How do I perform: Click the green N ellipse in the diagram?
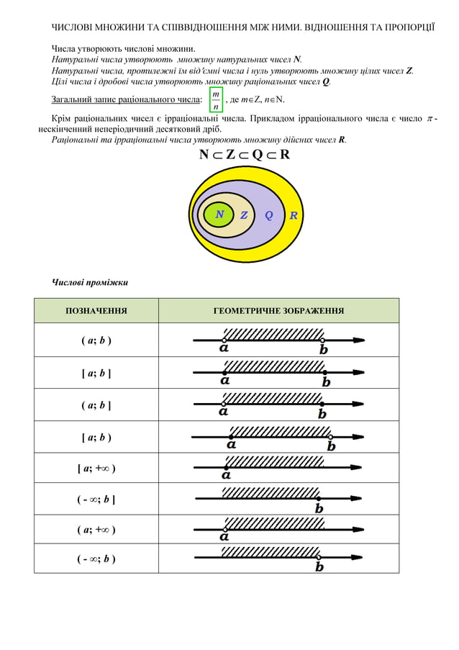219,215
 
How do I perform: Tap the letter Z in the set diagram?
244,215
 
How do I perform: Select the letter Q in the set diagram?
269,215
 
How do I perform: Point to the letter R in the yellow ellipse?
294,215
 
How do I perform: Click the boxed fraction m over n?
217,100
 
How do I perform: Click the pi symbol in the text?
430,117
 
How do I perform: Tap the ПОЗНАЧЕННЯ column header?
96,311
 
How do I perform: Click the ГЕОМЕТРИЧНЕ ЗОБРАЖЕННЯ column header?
278,311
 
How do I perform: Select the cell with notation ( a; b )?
96,340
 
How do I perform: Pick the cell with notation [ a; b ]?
96,373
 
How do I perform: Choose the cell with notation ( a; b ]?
96,405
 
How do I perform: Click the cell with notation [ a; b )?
96,438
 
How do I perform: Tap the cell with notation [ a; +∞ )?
96,469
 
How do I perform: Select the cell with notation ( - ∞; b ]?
96,500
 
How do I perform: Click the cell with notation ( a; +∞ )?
96,530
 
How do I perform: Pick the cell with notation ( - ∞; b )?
96,559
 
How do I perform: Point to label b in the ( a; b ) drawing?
324,350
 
